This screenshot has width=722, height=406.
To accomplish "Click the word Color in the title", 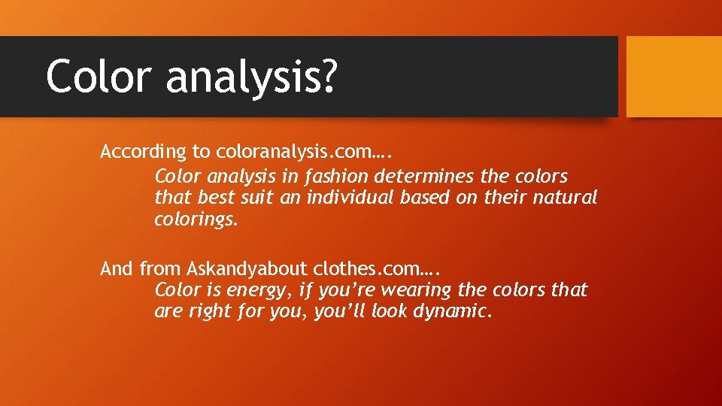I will click(x=98, y=76).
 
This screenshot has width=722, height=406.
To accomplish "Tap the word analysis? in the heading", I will click(x=251, y=77).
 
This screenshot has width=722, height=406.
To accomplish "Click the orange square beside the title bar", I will click(x=674, y=77).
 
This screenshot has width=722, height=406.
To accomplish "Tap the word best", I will click(x=217, y=198).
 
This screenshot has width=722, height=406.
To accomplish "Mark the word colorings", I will click(x=195, y=220).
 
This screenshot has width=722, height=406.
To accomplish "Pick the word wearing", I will click(x=416, y=290).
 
